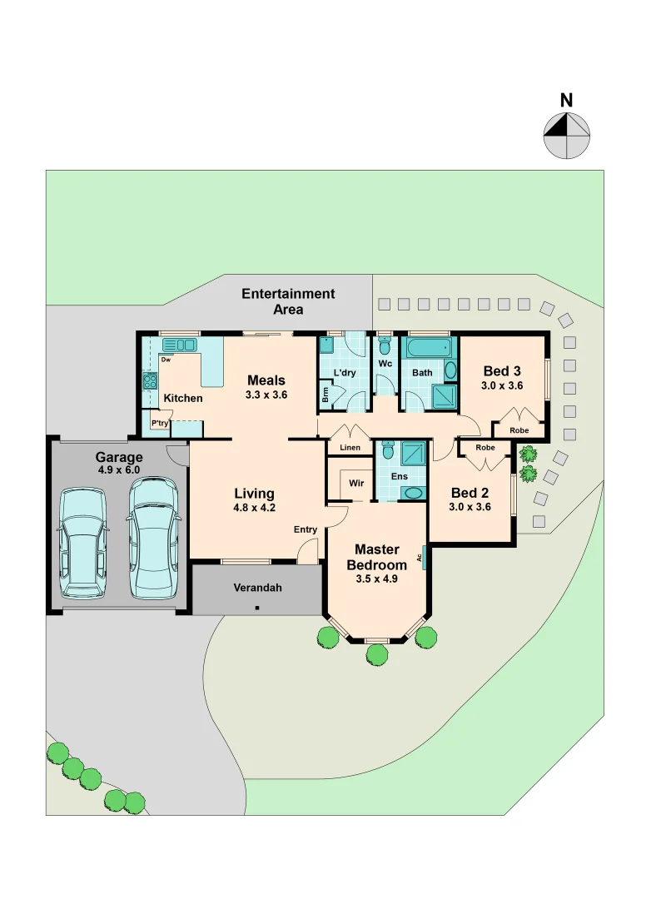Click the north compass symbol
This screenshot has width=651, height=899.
point(567,136)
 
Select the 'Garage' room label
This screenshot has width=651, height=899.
point(119,457)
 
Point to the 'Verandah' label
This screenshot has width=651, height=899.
point(257,588)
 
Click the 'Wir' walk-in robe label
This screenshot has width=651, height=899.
point(356,483)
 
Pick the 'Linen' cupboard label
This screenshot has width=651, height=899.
point(350,449)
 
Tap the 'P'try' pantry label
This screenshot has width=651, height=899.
point(159,424)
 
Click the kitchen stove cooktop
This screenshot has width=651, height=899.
point(151,381)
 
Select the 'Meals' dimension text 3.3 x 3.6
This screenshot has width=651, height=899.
point(266,395)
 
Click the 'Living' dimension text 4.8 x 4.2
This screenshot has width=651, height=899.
point(255,509)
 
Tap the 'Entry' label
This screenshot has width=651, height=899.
point(306,529)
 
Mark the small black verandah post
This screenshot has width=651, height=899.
point(257,608)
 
